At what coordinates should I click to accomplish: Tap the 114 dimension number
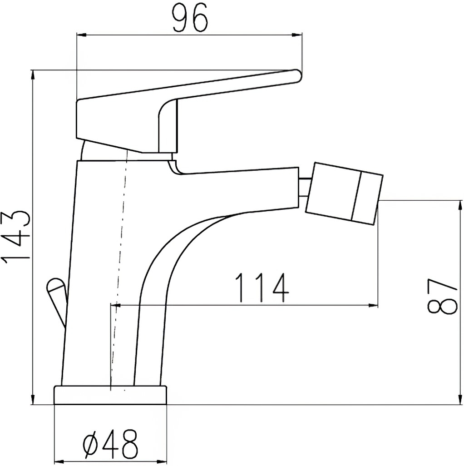[262, 288]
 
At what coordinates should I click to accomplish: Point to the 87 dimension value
[441, 297]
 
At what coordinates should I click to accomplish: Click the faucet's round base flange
[110, 395]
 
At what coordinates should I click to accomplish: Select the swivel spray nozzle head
[344, 193]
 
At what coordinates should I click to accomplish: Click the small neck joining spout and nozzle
[305, 187]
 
